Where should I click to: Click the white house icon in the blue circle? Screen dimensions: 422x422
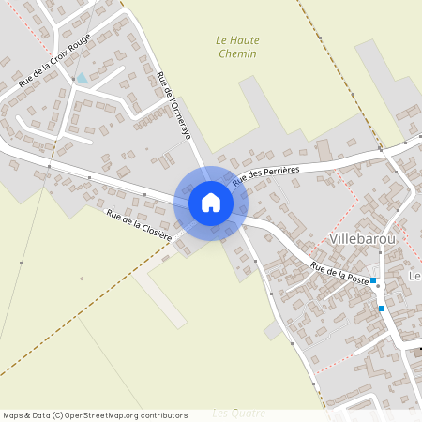pos(211,203)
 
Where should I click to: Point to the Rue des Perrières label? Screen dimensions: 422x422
pos(264,173)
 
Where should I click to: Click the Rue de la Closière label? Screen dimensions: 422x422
pos(139,226)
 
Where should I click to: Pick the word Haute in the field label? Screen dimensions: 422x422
pos(245,40)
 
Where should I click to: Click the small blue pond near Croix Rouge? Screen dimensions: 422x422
pos(83,79)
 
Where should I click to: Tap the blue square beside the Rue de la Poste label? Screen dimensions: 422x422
pos(373,280)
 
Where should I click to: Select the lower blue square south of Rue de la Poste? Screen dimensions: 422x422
pos(382,308)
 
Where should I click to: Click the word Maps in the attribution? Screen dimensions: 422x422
pos(14,415)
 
